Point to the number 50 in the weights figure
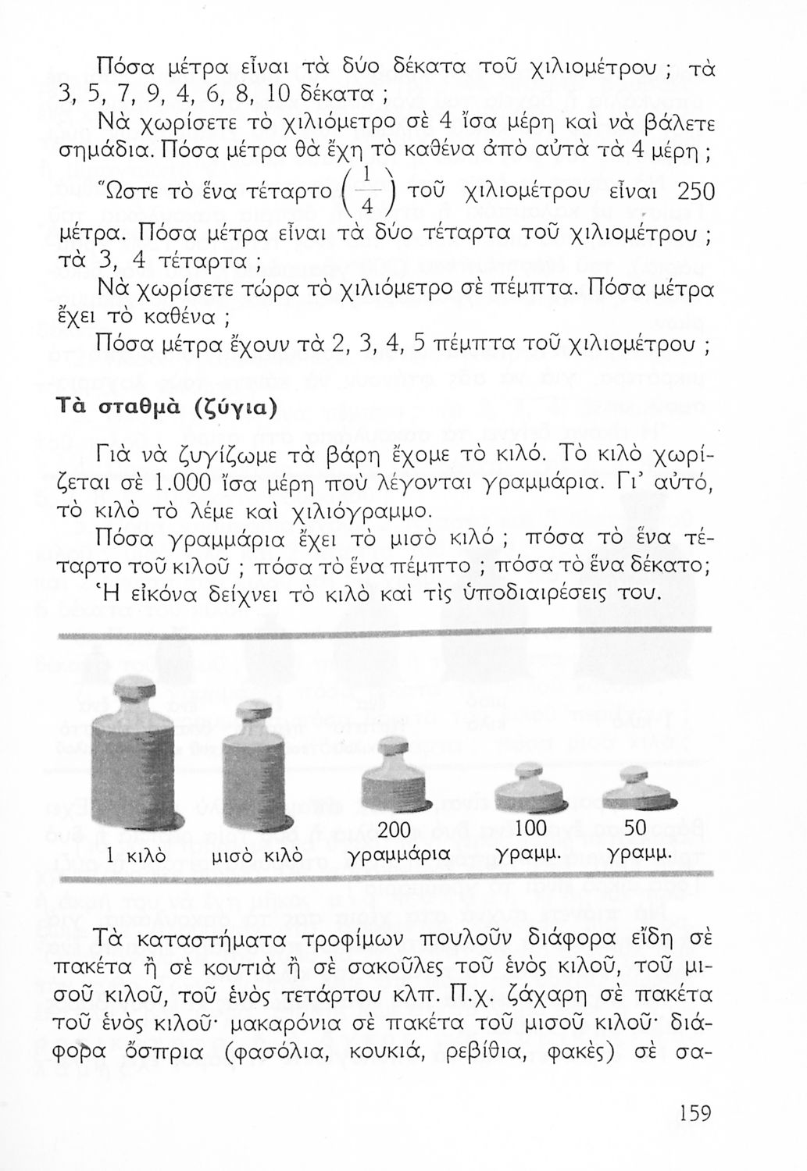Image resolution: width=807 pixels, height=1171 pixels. [639, 828]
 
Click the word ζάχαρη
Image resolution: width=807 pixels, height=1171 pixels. [543, 996]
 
